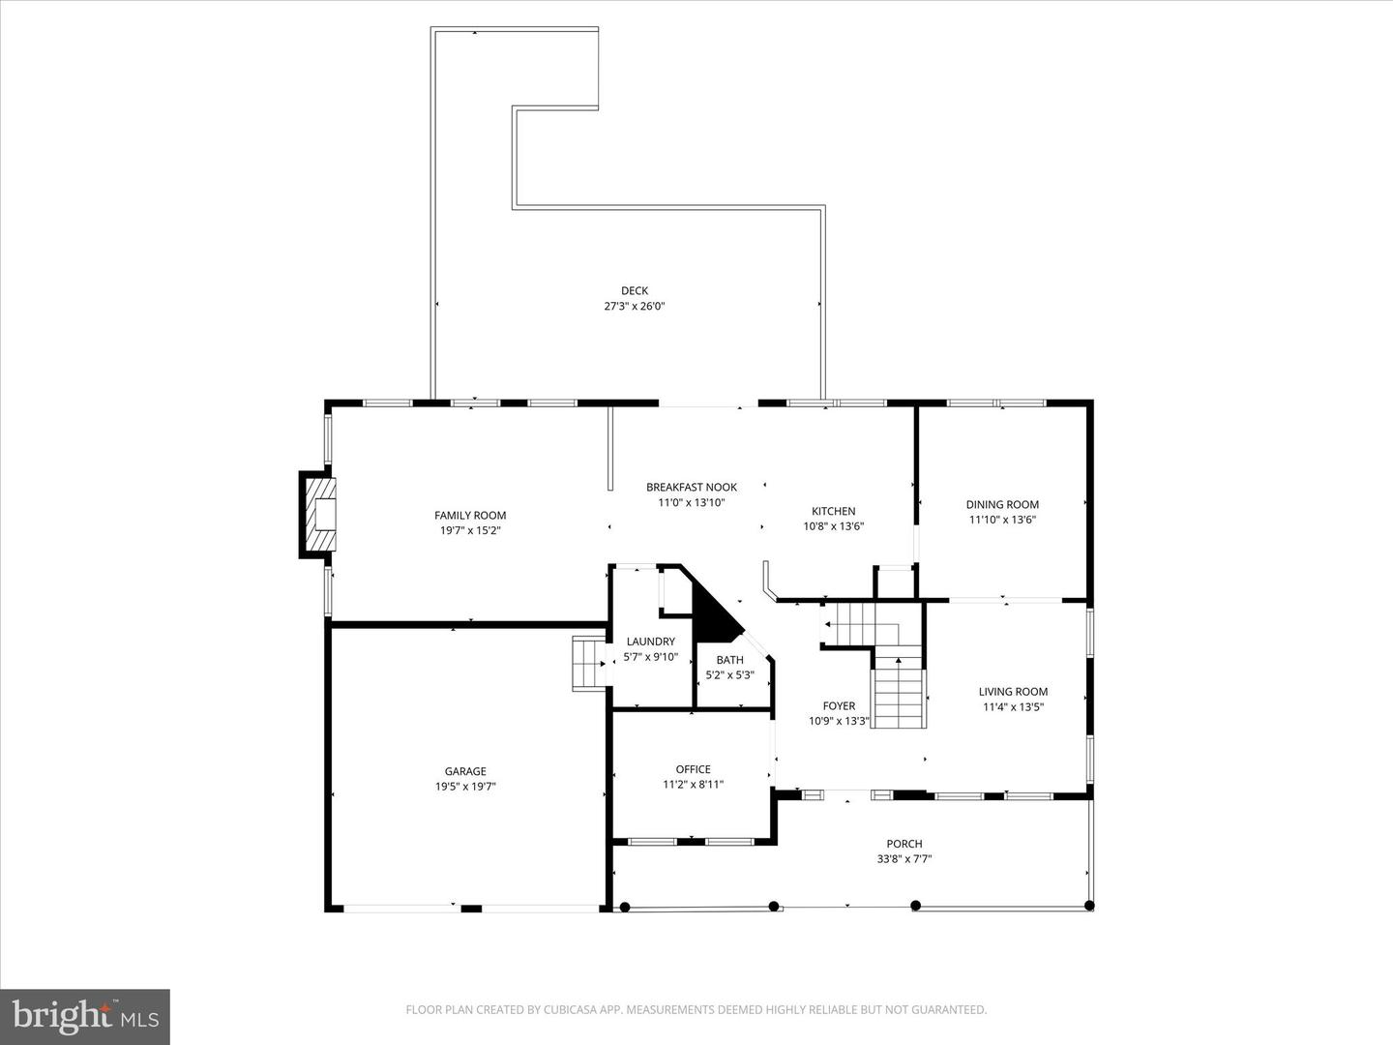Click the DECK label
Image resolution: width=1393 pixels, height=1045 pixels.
pyautogui.click(x=635, y=290)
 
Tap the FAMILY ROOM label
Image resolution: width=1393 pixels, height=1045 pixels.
pyautogui.click(x=470, y=515)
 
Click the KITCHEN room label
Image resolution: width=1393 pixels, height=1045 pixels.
pyautogui.click(x=833, y=511)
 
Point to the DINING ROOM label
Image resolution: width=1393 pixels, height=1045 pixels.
pyautogui.click(x=1002, y=504)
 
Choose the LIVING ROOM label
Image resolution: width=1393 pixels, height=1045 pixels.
pyautogui.click(x=1013, y=691)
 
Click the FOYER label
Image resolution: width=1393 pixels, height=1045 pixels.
pyautogui.click(x=839, y=705)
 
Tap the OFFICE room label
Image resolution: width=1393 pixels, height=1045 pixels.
pyautogui.click(x=693, y=769)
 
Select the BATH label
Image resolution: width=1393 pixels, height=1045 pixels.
pyautogui.click(x=730, y=660)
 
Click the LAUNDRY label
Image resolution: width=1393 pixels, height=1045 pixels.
pyautogui.click(x=650, y=642)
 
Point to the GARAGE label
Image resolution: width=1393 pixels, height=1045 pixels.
pyautogui.click(x=465, y=771)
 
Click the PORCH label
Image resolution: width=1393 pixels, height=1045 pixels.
pyautogui.click(x=904, y=844)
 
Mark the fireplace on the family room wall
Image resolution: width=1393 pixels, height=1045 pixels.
pyautogui.click(x=319, y=515)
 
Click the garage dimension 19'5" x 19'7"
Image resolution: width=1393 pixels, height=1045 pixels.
pyautogui.click(x=465, y=787)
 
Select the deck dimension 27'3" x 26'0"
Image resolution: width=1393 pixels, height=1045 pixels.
pyautogui.click(x=635, y=306)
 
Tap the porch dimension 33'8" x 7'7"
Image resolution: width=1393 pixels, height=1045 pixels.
pyautogui.click(x=904, y=859)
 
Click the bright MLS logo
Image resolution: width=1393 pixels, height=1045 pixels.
pyautogui.click(x=85, y=1016)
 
